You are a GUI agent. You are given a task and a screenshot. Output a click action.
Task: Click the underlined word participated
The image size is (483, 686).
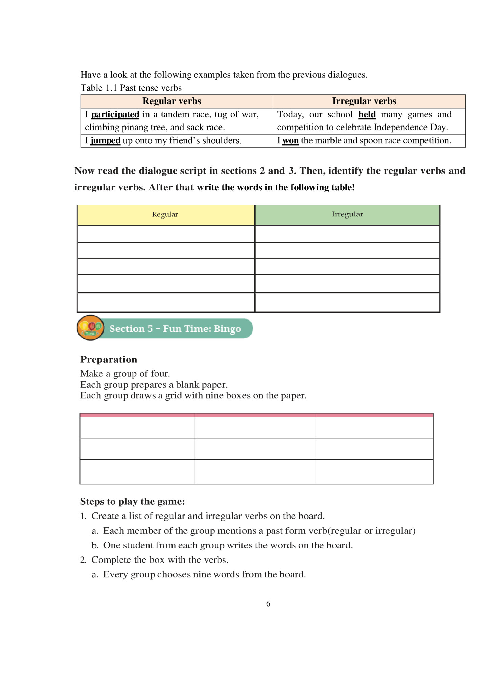[x=115, y=115]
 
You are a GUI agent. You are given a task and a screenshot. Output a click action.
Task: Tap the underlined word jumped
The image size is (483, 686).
[x=106, y=141]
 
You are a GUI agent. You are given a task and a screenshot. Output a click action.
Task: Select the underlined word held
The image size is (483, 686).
[x=367, y=115]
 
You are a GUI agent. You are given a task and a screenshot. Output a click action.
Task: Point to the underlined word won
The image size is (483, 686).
[x=291, y=141]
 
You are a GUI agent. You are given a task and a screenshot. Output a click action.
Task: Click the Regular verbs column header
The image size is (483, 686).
[x=172, y=101]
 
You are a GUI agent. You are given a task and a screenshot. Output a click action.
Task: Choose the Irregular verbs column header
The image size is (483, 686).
[x=364, y=101]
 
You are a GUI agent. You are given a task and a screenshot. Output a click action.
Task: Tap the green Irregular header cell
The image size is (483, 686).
[x=347, y=214]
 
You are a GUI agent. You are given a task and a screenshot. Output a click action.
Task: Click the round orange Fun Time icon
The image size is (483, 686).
[x=90, y=327]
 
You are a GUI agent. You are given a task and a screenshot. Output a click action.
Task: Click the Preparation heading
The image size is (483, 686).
[x=109, y=359]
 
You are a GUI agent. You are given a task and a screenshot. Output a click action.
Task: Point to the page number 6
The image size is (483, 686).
[x=268, y=604]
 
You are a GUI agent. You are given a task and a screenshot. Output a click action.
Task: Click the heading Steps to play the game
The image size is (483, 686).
[x=132, y=501]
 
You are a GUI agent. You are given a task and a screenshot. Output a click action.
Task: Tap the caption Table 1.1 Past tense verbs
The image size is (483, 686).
[x=131, y=88]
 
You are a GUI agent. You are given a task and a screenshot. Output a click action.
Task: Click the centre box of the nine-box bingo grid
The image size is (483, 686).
[x=255, y=449]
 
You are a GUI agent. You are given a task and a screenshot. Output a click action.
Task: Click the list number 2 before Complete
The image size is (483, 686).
[x=83, y=560]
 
